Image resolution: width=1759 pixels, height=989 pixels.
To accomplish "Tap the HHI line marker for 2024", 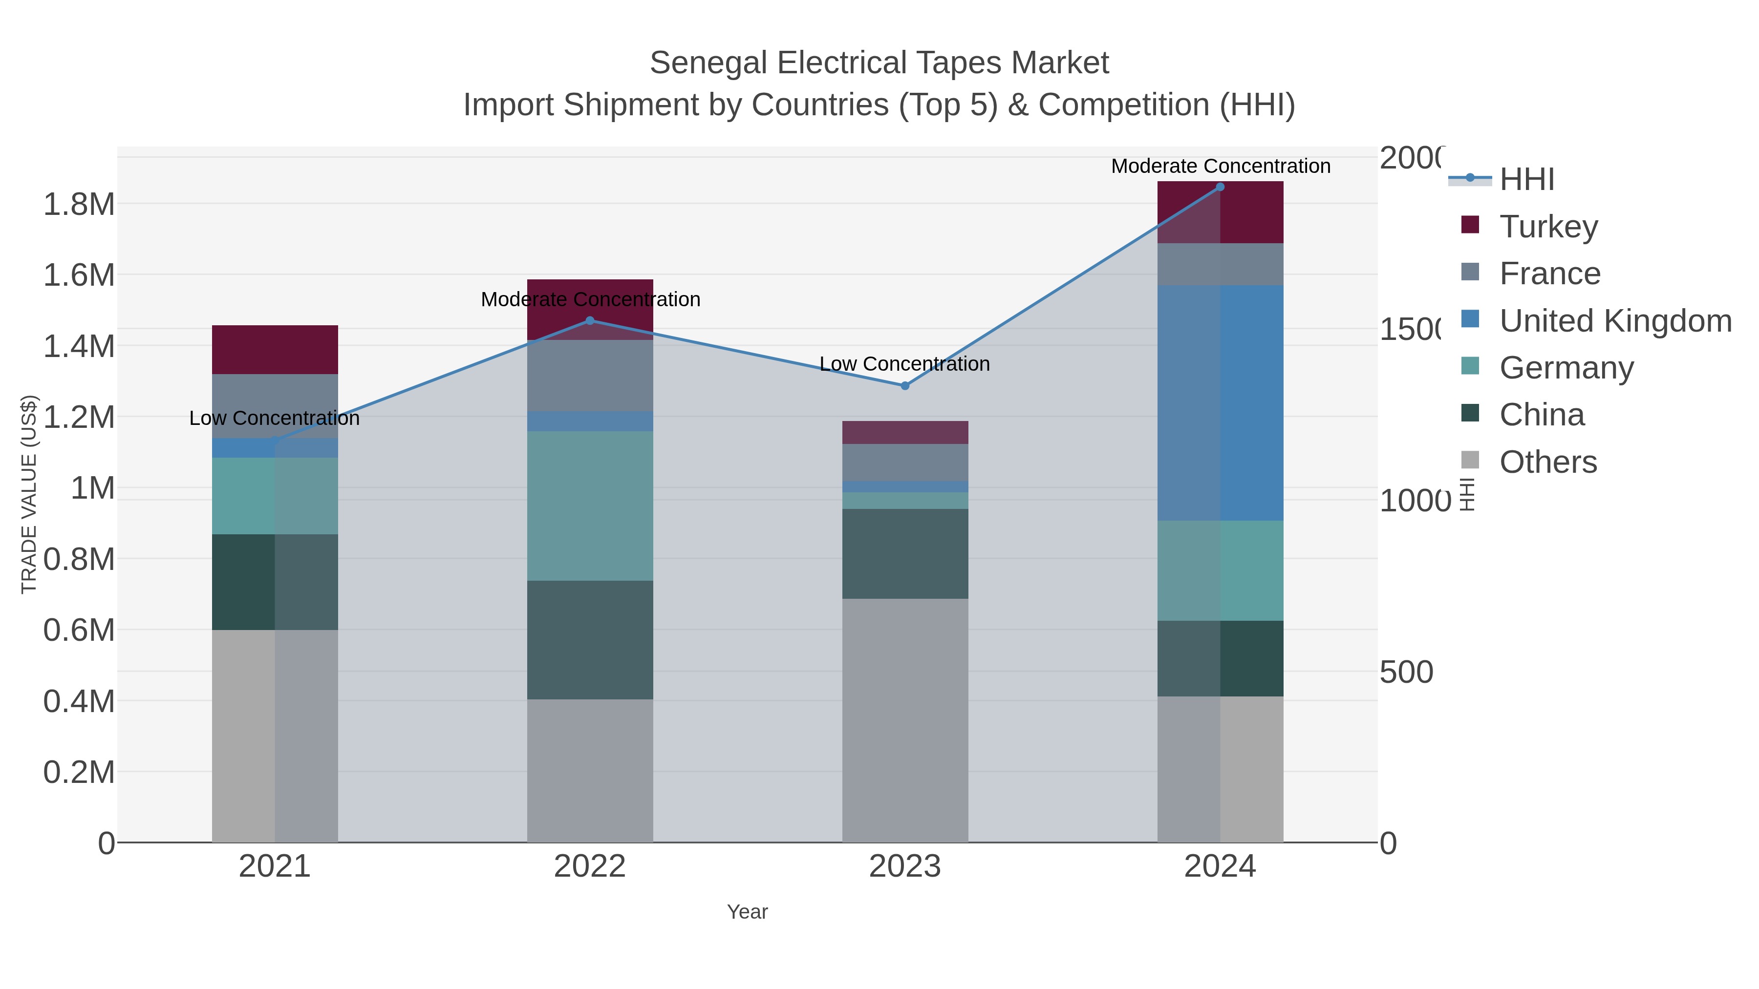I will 1220,187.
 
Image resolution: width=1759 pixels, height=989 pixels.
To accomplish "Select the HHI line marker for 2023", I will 905,386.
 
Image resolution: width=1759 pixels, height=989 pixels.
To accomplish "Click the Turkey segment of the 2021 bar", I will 275,350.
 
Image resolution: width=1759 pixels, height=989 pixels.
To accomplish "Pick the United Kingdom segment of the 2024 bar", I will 1220,403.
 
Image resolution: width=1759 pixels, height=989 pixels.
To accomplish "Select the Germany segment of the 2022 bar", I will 590,506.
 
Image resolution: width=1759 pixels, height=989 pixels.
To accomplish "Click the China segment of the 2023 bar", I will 905,553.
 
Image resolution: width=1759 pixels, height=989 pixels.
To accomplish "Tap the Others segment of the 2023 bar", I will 905,720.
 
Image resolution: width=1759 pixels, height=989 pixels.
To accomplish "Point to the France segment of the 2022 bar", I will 590,376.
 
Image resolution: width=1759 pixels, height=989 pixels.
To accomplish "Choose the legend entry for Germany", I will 1566,368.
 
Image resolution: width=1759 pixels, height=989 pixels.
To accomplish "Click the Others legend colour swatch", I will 1470,460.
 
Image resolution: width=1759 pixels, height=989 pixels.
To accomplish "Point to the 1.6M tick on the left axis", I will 79,275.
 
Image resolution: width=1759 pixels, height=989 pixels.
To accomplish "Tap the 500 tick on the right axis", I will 1406,673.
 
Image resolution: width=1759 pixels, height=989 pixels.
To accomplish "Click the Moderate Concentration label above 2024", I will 1220,166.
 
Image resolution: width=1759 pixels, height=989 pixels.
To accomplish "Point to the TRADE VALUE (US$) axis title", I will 29,494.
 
